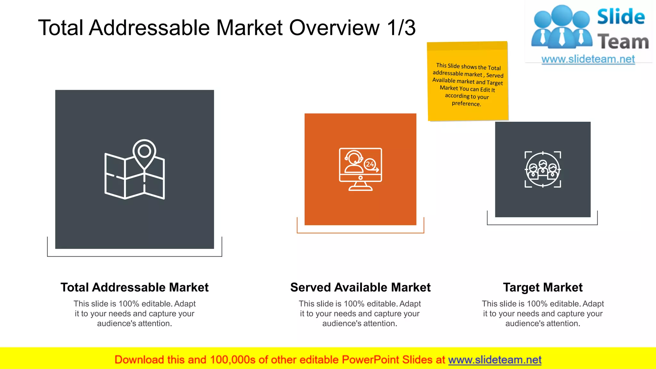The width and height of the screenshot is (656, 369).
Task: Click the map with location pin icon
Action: pyautogui.click(x=135, y=170)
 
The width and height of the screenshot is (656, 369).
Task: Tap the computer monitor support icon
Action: pyautogui.click(x=360, y=169)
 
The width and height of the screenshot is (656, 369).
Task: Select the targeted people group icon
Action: pyautogui.click(x=543, y=169)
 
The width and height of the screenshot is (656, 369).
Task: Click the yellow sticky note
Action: pyautogui.click(x=468, y=81)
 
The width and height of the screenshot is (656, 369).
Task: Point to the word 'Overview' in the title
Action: pyautogui.click(x=334, y=28)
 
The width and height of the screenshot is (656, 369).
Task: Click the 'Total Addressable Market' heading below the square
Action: pyautogui.click(x=135, y=287)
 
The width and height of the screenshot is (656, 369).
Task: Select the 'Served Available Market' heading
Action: pyautogui.click(x=360, y=287)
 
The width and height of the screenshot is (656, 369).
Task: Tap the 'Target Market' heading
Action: pyautogui.click(x=543, y=287)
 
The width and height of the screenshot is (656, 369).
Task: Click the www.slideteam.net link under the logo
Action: pyautogui.click(x=588, y=59)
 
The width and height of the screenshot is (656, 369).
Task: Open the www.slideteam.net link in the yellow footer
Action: pyautogui.click(x=495, y=360)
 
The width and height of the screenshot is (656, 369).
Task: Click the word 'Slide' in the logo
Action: pyautogui.click(x=621, y=17)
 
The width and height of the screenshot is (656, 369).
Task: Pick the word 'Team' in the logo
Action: pyautogui.click(x=623, y=42)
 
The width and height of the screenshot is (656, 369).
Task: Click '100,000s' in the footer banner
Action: pyautogui.click(x=233, y=360)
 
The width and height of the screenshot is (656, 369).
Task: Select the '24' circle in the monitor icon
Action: pyautogui.click(x=370, y=164)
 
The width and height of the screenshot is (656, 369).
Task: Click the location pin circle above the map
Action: pyautogui.click(x=144, y=151)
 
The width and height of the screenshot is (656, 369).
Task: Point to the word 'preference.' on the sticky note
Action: pyautogui.click(x=466, y=103)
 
